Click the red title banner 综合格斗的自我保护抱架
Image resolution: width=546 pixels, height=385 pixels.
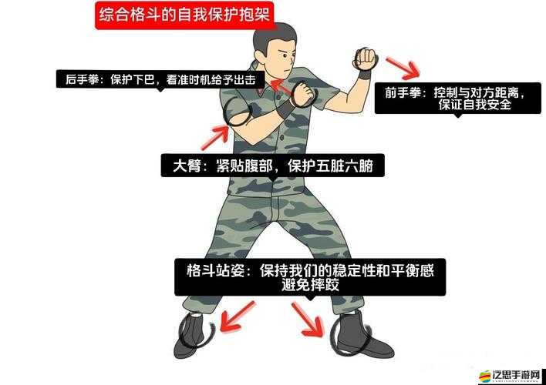(x=185, y=15)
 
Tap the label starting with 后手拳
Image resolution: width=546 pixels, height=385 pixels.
(x=160, y=80)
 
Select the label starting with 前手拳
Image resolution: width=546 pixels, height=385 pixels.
(x=454, y=99)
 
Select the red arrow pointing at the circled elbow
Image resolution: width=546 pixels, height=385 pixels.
(x=215, y=139)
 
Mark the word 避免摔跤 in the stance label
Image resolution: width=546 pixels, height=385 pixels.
(x=309, y=285)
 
